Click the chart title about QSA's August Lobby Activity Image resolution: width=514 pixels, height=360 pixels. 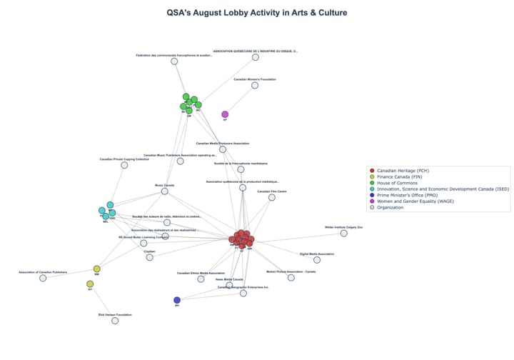(257, 12)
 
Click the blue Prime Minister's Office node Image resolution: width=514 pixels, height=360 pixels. (177, 300)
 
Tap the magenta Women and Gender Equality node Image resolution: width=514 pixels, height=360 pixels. (225, 114)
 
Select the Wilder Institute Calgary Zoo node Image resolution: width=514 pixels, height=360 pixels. (343, 233)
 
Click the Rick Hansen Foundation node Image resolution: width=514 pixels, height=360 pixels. (115, 321)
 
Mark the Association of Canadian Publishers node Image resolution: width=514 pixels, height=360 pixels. (43, 278)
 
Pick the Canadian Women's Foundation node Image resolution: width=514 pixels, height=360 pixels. (255, 85)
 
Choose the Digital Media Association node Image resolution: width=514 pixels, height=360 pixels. (316, 259)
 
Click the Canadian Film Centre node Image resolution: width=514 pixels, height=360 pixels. (272, 197)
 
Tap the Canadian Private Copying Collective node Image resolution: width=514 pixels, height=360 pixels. (124, 165)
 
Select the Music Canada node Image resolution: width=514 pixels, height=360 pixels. (165, 191)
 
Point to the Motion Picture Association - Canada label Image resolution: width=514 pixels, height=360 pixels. (291, 271)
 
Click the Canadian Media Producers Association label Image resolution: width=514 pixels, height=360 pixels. (223, 144)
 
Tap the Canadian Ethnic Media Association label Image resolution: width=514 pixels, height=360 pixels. (201, 272)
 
